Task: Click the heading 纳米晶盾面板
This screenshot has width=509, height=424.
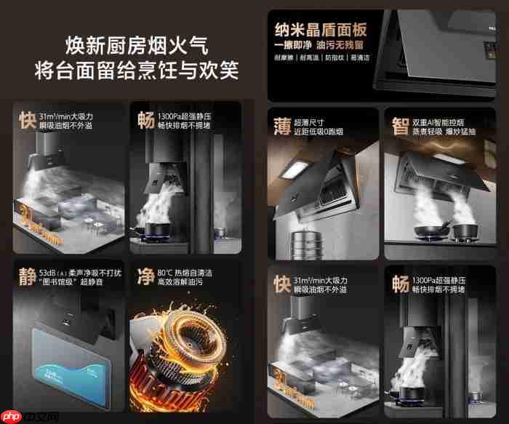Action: pyautogui.click(x=320, y=30)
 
